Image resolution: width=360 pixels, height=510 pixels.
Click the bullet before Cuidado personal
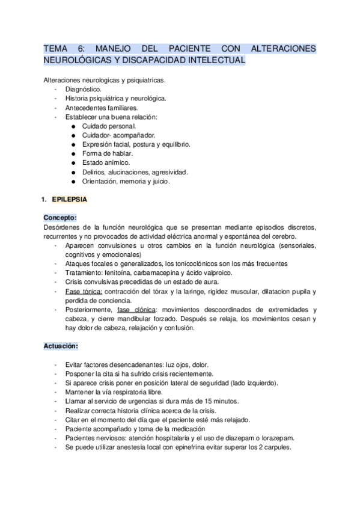tap(73, 126)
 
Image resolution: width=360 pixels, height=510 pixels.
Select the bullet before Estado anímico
tap(73, 162)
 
